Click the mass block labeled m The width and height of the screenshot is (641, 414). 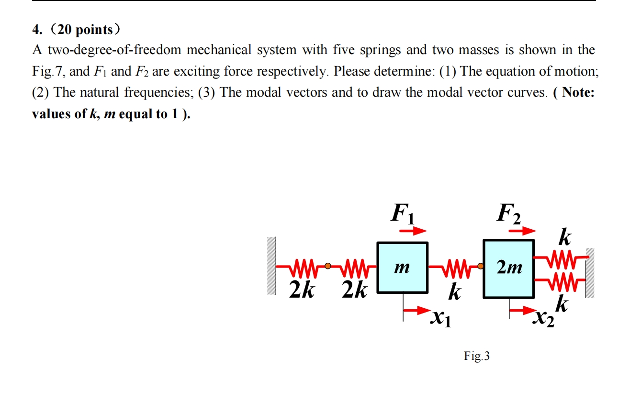(x=402, y=268)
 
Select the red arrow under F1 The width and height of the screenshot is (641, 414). (x=413, y=231)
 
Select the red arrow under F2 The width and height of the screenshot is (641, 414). (x=521, y=231)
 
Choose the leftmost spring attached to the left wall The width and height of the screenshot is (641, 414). (x=302, y=266)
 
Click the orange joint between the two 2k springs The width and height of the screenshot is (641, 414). (x=327, y=265)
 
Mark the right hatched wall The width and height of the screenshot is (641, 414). (x=590, y=273)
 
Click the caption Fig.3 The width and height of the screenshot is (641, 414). (x=476, y=356)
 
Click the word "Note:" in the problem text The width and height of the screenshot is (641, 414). (x=578, y=92)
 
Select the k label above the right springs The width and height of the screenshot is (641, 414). (x=565, y=237)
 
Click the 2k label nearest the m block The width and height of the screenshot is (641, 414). (x=355, y=290)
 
